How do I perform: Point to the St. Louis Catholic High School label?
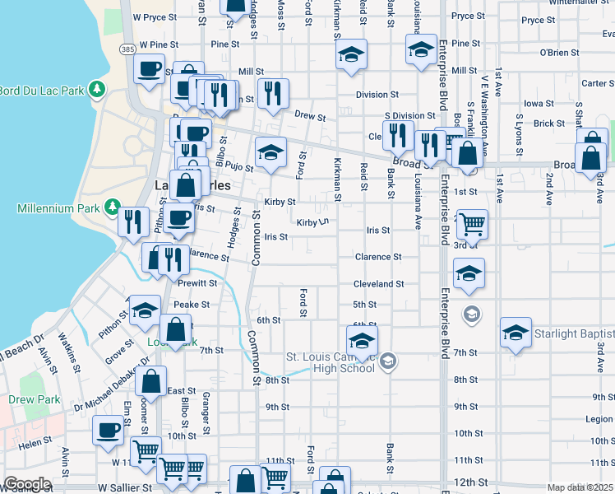(x=330, y=362)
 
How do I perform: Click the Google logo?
(x=26, y=484)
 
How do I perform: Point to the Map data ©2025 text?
(x=580, y=487)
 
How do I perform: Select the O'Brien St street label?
(x=559, y=52)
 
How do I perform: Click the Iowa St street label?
(x=539, y=104)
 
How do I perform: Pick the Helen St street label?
(x=35, y=443)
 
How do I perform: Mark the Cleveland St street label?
(x=379, y=284)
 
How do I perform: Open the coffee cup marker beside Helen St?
(x=109, y=430)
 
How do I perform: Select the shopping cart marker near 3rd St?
(x=472, y=222)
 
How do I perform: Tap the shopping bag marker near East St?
(x=150, y=381)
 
